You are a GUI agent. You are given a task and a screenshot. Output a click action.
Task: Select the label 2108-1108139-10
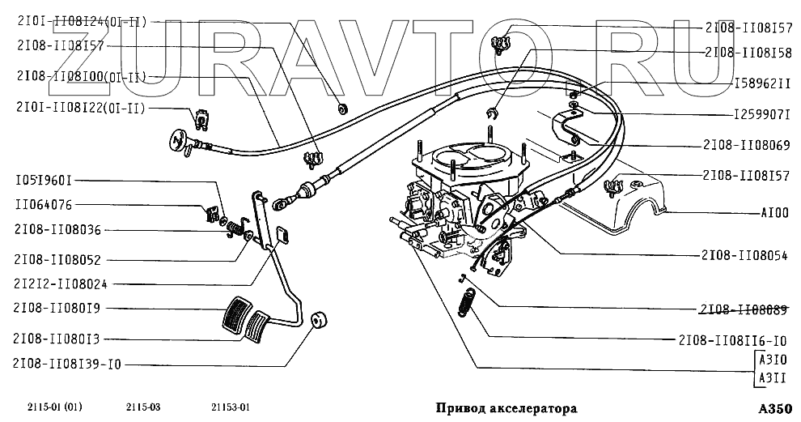[x=67, y=364]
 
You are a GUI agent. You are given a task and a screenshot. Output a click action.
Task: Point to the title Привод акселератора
[x=506, y=408]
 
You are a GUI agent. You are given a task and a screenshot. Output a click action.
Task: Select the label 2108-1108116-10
[x=733, y=340]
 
